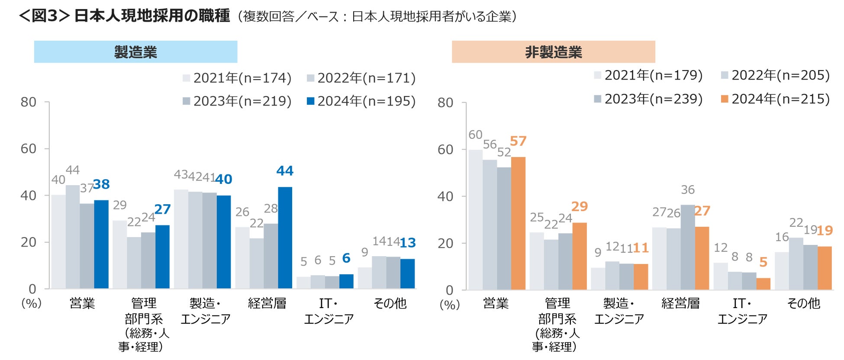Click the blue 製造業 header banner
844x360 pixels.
point(135,52)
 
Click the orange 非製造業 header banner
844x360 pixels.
point(553,52)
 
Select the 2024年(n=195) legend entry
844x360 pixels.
point(361,101)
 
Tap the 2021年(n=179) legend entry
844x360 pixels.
point(648,75)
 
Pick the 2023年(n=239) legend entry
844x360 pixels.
point(648,99)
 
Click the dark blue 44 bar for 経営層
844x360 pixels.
point(285,238)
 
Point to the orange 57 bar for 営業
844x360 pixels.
point(518,223)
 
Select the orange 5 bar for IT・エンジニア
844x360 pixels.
point(763,284)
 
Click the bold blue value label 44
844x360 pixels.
point(285,171)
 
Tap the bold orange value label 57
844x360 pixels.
point(518,141)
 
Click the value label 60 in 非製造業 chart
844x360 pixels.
point(475,135)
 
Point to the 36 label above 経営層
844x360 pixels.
point(688,190)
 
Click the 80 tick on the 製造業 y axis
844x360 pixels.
point(29,102)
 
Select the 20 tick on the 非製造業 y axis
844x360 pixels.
point(445,244)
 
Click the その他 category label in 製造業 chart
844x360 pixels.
point(390,303)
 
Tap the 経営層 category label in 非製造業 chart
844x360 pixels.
point(680,303)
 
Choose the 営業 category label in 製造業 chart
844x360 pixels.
point(82,303)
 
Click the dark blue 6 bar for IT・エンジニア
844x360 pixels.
point(346,281)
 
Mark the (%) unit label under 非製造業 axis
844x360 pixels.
point(450,305)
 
